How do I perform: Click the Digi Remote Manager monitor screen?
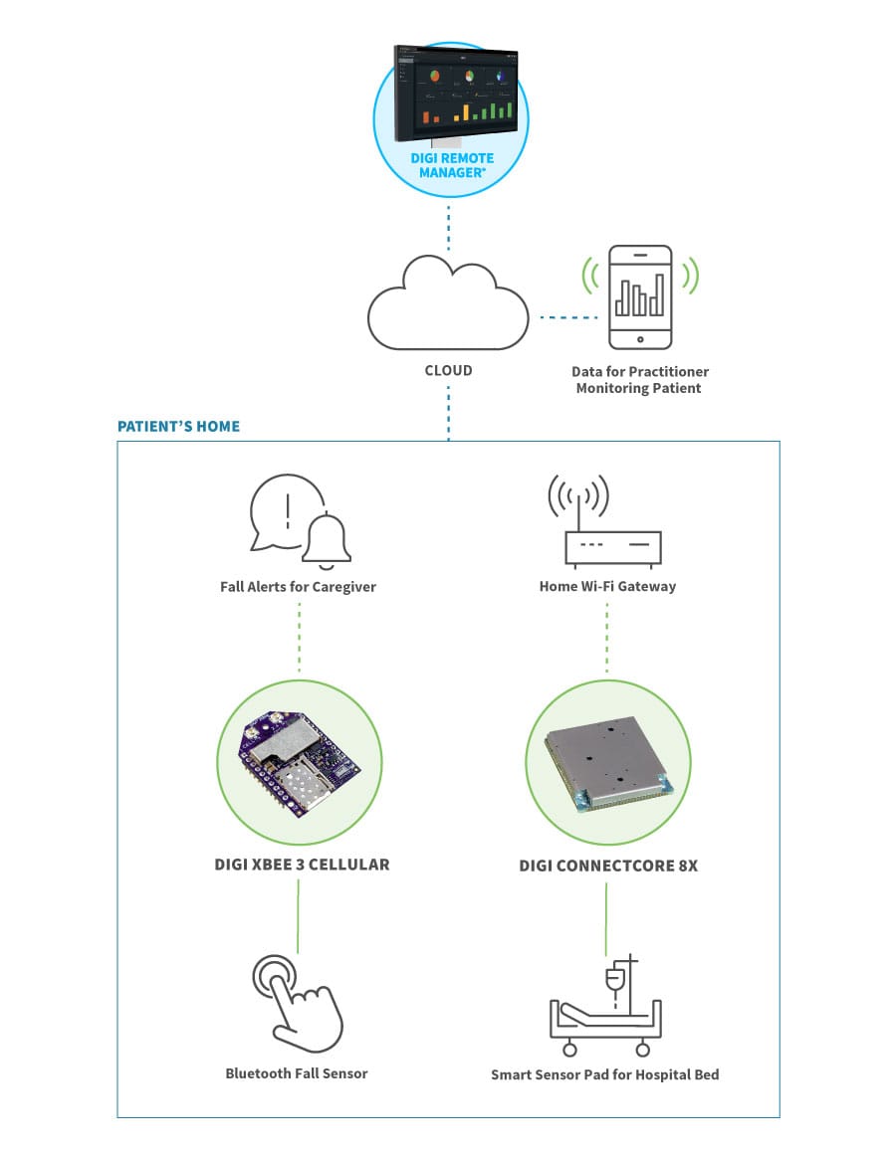(x=456, y=92)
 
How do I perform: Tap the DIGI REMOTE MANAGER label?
(x=452, y=165)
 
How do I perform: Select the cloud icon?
(x=447, y=302)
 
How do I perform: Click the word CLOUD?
(x=448, y=370)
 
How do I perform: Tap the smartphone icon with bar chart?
(x=640, y=297)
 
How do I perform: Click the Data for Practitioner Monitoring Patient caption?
(x=640, y=380)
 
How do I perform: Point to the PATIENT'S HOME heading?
(x=178, y=427)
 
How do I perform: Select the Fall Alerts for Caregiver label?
(x=298, y=587)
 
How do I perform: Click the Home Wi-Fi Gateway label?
(x=607, y=587)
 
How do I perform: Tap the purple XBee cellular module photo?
(x=298, y=762)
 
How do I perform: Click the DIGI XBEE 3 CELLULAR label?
(x=302, y=865)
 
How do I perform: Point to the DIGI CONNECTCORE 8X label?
(x=608, y=866)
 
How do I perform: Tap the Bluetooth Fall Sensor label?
(x=297, y=1073)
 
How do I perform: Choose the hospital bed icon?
(x=605, y=1015)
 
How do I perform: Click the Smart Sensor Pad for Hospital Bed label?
(x=605, y=1074)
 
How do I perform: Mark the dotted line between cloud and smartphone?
(x=569, y=318)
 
